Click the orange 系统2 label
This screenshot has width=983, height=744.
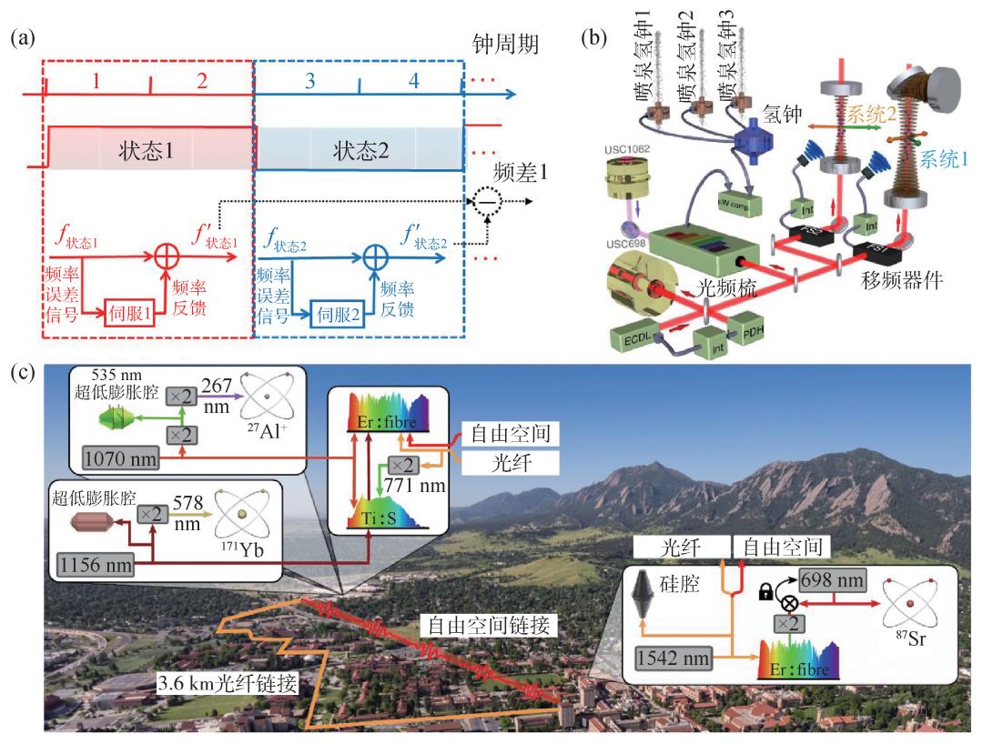[x=871, y=115]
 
